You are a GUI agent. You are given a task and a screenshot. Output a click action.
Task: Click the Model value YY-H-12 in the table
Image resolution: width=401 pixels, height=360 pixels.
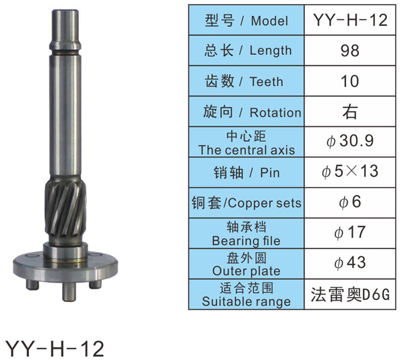[x=350, y=20]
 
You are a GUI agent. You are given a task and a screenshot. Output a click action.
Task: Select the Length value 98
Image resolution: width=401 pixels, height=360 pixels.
[x=350, y=51]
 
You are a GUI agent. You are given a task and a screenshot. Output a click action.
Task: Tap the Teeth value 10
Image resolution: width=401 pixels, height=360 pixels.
[x=350, y=81]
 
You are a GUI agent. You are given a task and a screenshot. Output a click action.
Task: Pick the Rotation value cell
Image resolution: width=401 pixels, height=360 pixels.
[x=350, y=112]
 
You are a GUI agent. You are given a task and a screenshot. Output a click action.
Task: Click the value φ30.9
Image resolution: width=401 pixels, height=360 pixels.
[x=350, y=141]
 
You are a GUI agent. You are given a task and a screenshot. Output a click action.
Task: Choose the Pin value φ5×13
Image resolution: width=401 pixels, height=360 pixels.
[x=350, y=172]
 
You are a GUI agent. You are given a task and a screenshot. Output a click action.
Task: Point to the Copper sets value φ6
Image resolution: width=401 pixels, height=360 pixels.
[x=350, y=202]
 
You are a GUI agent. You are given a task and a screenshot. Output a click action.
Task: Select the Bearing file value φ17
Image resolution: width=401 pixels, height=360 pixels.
[x=350, y=232]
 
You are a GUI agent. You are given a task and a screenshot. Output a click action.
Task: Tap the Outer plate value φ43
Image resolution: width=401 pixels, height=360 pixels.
[x=350, y=262]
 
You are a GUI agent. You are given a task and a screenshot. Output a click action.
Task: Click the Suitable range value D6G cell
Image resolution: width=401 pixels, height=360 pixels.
[x=350, y=295]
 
